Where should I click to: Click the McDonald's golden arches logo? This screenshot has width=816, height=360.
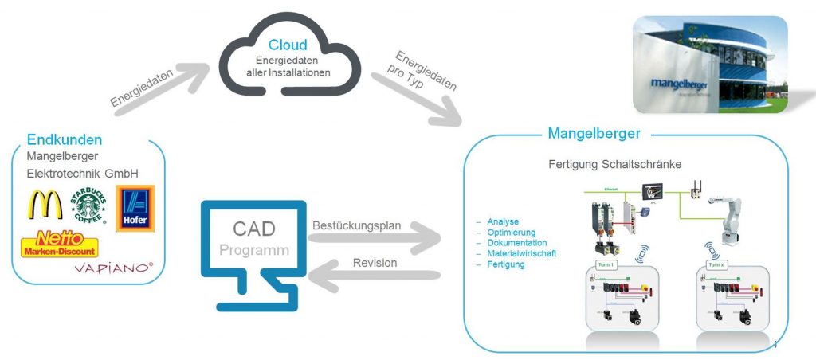[x=45, y=205]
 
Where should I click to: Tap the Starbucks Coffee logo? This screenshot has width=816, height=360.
[x=88, y=205]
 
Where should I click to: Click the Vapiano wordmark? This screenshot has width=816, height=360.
[x=113, y=268]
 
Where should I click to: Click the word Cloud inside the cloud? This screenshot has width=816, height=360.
[x=287, y=45]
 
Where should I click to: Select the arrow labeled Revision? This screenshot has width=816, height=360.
[x=375, y=275]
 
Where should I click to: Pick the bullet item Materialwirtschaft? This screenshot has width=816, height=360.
[x=521, y=253]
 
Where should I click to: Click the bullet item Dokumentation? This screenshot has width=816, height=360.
[x=516, y=242]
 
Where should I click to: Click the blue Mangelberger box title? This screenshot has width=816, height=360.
[x=594, y=133]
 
